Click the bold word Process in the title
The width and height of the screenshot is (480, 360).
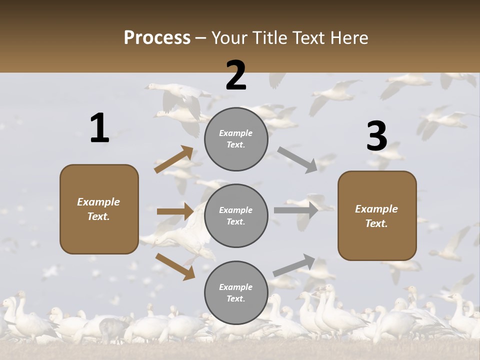tap(157, 38)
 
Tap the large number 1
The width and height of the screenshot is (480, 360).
tap(99, 128)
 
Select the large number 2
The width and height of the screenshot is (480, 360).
tap(236, 75)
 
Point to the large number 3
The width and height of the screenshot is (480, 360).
tap(376, 136)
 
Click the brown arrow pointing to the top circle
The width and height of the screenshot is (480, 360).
tap(173, 159)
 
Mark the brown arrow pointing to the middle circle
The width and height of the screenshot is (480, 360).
tap(175, 211)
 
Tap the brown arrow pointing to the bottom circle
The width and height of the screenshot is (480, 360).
tap(175, 266)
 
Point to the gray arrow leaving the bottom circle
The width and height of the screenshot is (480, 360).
tap(294, 265)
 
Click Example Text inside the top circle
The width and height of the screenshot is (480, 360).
tap(235, 139)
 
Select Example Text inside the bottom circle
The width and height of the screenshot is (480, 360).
tap(235, 293)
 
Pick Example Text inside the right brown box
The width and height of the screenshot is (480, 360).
tap(376, 216)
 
